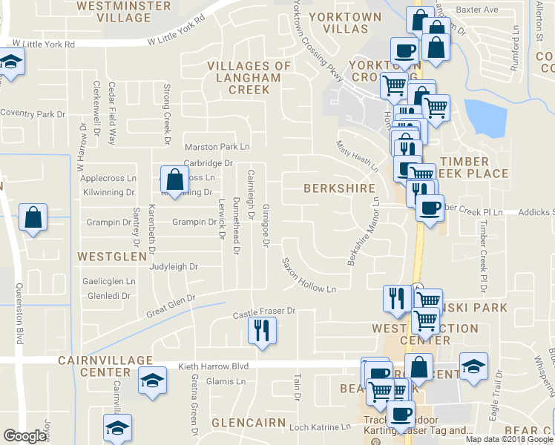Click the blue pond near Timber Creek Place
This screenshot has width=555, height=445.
point(484,115)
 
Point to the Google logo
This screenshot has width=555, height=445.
point(24,436)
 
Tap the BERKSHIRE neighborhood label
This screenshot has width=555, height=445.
point(339,188)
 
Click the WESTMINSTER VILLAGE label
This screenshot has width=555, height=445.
point(113,9)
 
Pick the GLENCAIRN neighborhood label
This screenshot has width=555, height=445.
point(249,422)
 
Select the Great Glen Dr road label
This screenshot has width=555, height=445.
point(170,306)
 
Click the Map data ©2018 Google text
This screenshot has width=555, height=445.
point(509,438)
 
